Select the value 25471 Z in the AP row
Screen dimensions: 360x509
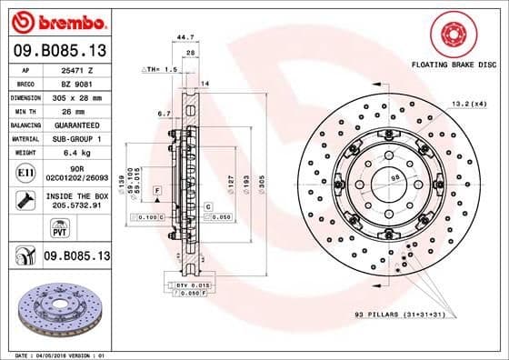74,68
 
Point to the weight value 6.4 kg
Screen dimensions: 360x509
74,153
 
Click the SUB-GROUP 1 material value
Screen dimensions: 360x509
74,138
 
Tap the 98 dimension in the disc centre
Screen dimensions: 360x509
394,178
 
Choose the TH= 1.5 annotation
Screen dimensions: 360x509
159,69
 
